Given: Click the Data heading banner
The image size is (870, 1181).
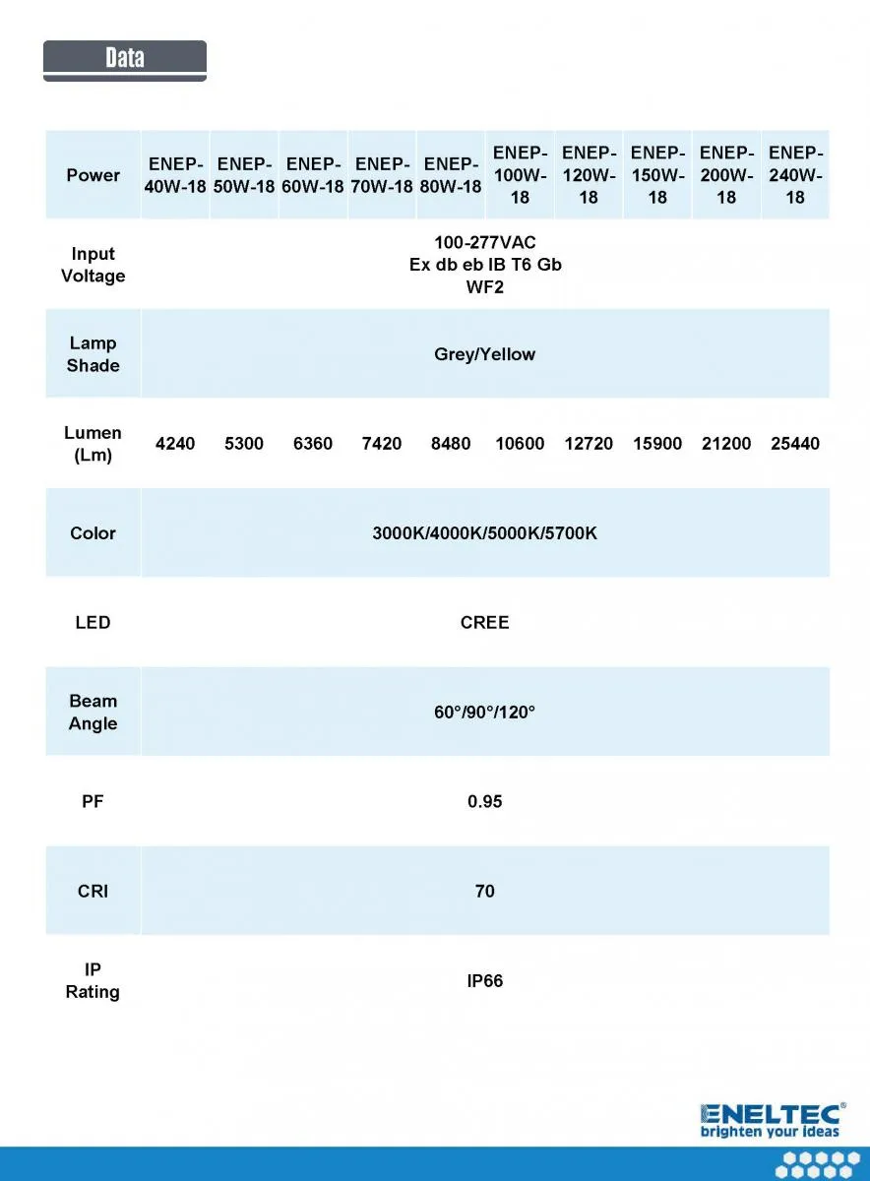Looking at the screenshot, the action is [x=125, y=59].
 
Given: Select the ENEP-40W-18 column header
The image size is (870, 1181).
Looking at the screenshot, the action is [x=175, y=175].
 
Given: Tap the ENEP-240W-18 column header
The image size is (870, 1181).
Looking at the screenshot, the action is [x=795, y=175].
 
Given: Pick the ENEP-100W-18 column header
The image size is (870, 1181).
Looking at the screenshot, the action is [x=520, y=175].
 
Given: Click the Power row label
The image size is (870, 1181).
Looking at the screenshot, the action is [x=93, y=175].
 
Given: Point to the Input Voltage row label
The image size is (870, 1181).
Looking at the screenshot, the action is [x=93, y=265].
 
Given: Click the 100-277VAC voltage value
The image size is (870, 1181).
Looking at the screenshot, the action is [x=485, y=242].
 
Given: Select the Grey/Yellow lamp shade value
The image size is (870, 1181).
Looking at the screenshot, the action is [x=485, y=354].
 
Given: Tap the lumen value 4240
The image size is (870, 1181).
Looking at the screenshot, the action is [x=175, y=444].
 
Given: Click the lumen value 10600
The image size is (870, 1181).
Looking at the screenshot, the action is [x=520, y=444].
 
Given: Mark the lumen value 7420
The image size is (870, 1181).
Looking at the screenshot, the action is [x=382, y=444].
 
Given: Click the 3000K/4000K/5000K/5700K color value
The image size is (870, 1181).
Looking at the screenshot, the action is [x=485, y=533].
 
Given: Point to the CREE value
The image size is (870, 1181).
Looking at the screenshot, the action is [x=485, y=623].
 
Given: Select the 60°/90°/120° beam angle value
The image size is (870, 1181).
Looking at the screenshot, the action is [x=485, y=712].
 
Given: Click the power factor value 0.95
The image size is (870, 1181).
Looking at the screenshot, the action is [x=485, y=802].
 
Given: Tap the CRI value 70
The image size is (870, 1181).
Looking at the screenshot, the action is [x=485, y=892].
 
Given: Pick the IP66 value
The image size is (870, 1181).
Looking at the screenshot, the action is [x=485, y=981].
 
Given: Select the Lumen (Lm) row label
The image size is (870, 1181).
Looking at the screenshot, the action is [x=93, y=444].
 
